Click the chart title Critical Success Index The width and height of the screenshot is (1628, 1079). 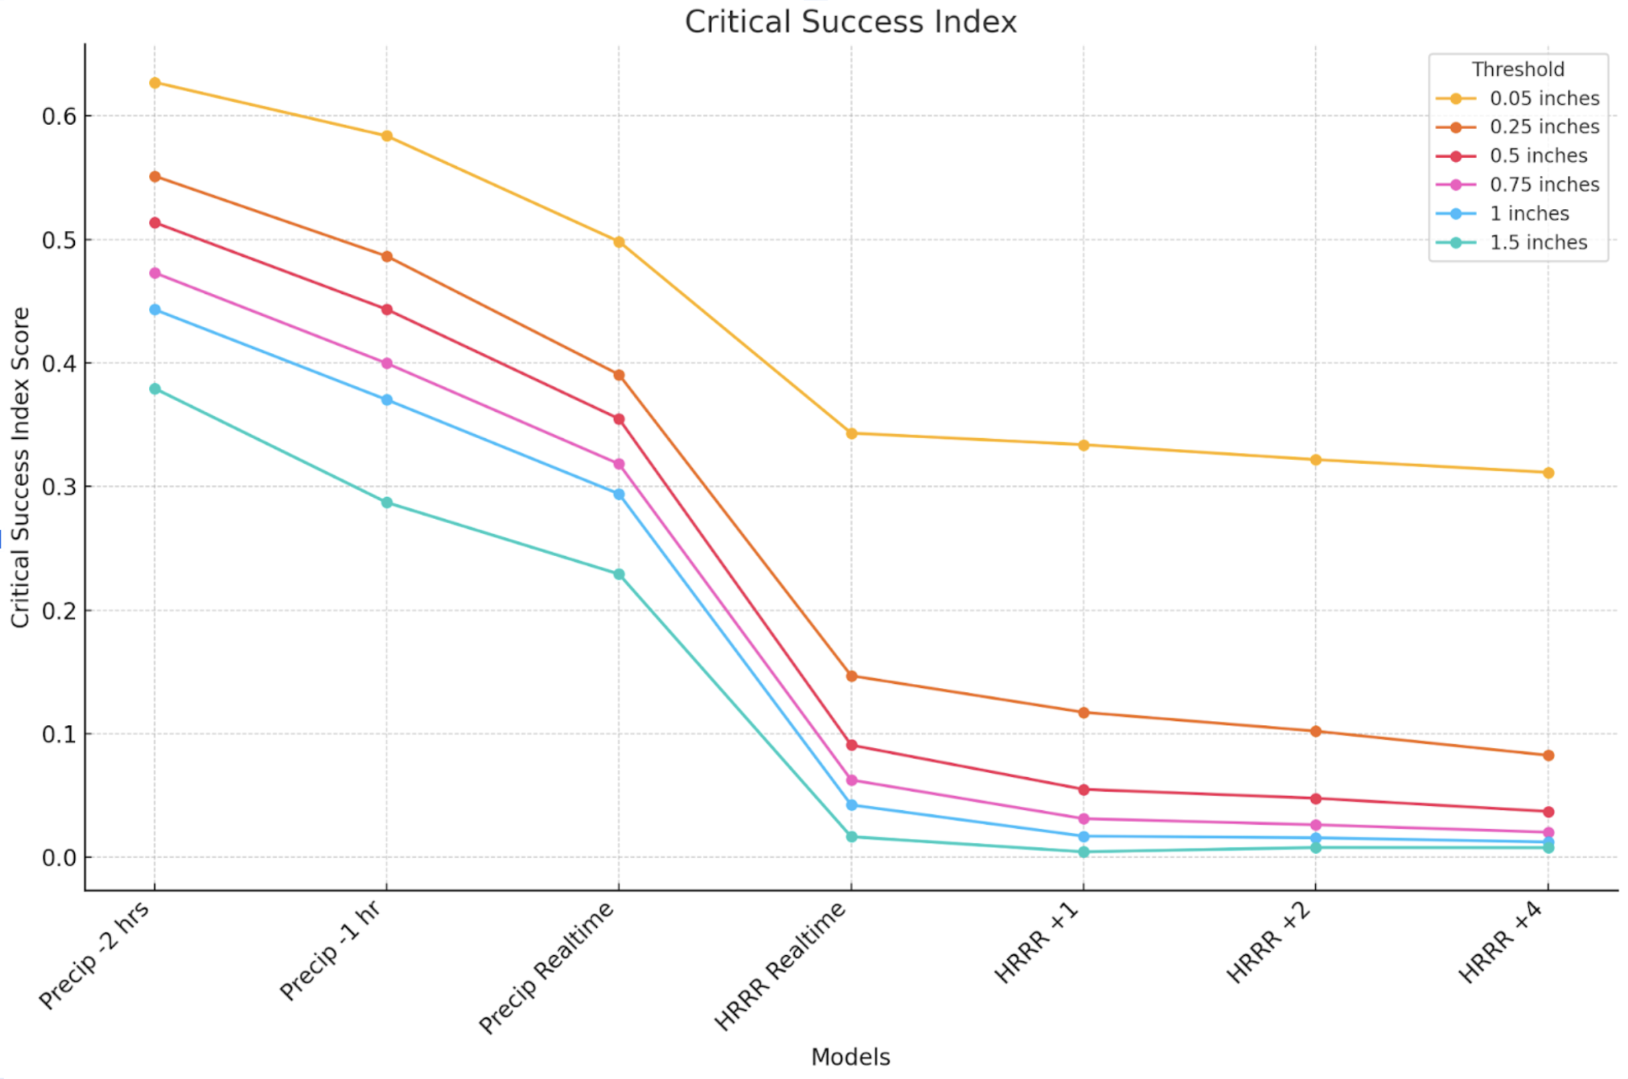850,22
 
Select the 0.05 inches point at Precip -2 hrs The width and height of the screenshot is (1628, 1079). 155,83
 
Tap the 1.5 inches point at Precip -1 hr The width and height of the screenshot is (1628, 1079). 386,502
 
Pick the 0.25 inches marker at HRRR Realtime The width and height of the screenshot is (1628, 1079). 851,676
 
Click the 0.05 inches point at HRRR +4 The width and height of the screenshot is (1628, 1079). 1547,473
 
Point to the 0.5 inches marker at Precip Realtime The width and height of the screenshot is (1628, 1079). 618,419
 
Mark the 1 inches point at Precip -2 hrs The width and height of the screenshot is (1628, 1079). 155,310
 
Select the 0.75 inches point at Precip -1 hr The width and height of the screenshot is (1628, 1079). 386,363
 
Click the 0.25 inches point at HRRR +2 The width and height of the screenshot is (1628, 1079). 1315,731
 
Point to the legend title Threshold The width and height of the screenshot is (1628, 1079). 1517,70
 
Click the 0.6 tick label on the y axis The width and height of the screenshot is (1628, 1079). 58,117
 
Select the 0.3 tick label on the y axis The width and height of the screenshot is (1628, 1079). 58,487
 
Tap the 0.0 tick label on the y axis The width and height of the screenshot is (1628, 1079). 58,857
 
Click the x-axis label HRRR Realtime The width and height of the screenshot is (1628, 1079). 781,966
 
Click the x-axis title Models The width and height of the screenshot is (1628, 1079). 850,1056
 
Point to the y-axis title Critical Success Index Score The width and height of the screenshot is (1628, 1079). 21,467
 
